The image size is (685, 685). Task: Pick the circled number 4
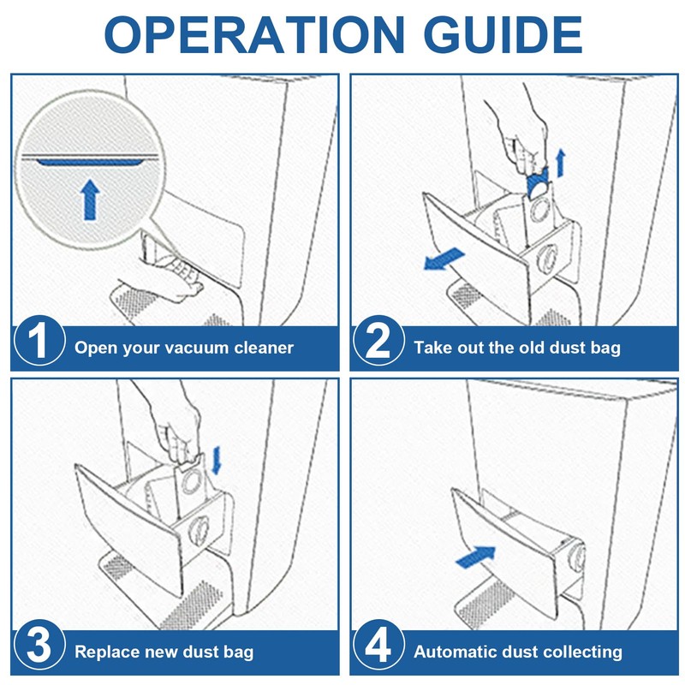coord(378,650)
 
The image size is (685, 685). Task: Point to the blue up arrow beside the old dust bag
coord(562,160)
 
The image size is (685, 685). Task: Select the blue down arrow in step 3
coord(216,458)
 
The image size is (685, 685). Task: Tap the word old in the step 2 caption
coord(529,348)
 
